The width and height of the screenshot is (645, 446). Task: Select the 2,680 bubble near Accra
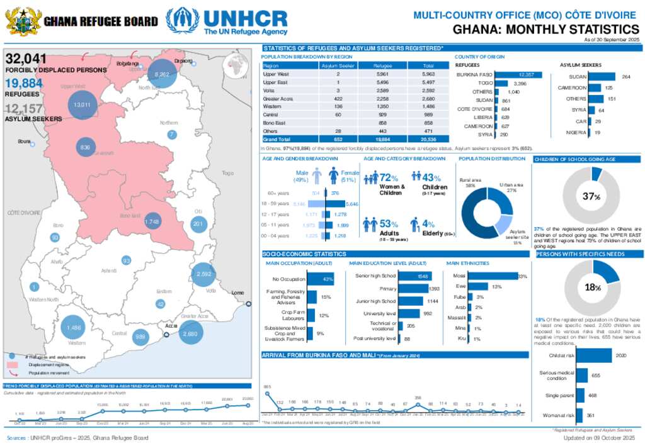[x=191, y=333]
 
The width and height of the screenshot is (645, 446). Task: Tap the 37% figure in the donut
[x=590, y=197]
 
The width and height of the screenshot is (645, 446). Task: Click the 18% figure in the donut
[x=592, y=287]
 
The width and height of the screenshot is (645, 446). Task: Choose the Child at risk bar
[x=594, y=356]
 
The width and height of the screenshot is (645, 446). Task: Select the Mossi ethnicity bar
[x=493, y=276]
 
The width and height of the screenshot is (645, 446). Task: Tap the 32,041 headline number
[x=26, y=59]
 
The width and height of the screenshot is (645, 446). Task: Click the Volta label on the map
[x=210, y=291]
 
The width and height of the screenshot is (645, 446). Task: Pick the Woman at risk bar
[x=582, y=415]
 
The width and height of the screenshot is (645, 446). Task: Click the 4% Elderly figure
[x=428, y=223]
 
